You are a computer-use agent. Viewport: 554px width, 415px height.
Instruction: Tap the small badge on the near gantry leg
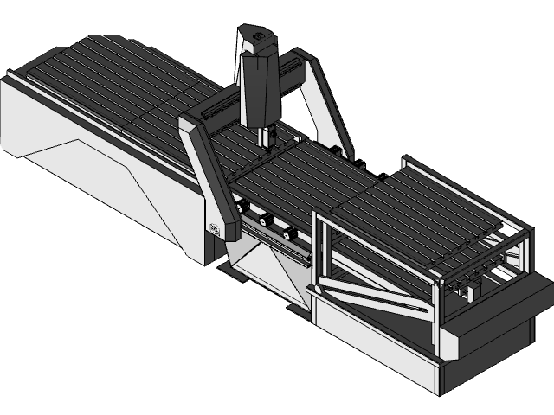214,228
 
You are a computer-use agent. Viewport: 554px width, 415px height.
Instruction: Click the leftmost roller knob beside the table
244,207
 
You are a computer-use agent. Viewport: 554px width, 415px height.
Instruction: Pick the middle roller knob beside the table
264,220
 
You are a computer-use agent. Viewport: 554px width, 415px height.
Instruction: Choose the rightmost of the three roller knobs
287,233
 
